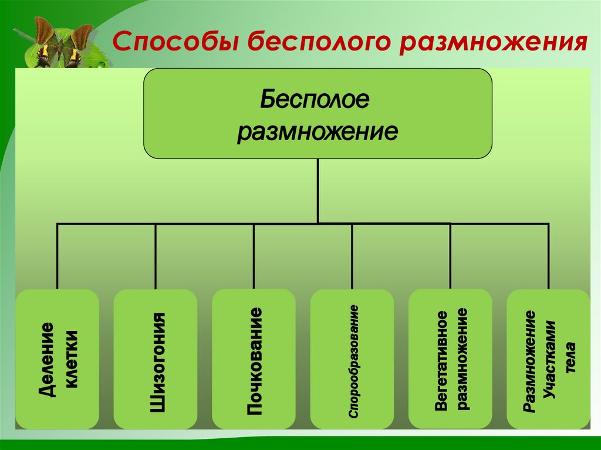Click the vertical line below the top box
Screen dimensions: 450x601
click(x=318, y=191)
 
